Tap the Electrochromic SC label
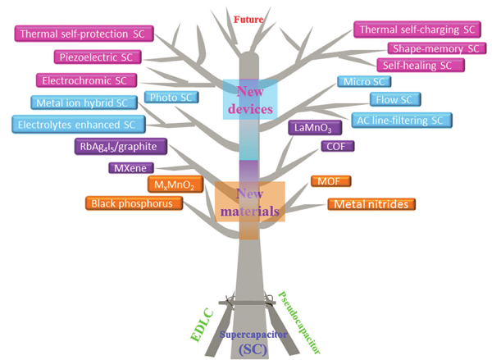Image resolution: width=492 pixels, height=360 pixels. [86, 80]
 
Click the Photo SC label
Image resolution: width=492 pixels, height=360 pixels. [171, 98]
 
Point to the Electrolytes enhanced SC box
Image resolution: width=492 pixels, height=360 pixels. [78, 124]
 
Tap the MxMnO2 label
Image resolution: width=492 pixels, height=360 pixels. [171, 185]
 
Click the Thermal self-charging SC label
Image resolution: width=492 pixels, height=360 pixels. [416, 30]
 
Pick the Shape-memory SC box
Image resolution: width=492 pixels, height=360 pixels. [434, 48]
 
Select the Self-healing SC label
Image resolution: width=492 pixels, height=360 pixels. [415, 65]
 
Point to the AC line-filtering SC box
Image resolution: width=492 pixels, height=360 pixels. [400, 121]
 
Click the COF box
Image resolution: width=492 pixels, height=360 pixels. [337, 146]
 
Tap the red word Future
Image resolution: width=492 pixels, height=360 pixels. [248, 18]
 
